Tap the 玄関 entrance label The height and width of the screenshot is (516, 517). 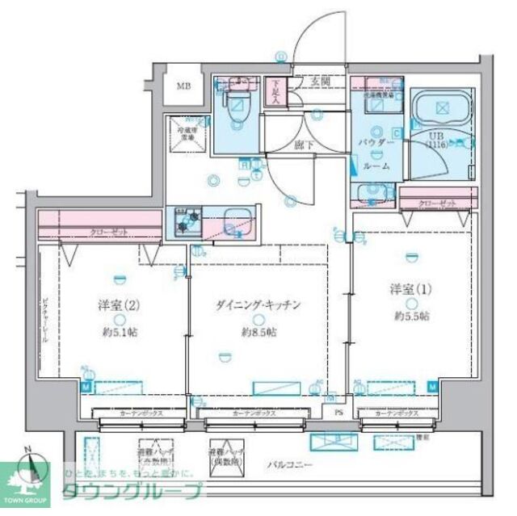point(323,82)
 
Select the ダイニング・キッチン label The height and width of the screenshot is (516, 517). point(258,304)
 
